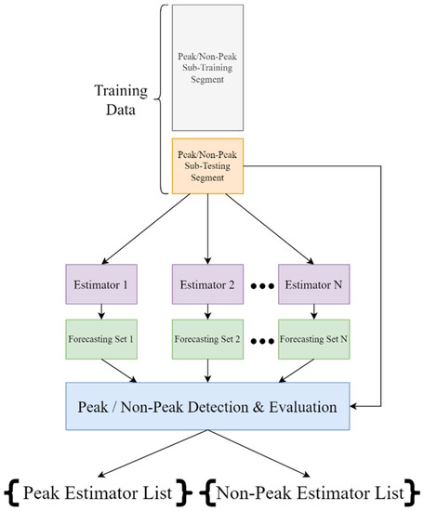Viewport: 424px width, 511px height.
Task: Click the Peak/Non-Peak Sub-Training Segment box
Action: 207,66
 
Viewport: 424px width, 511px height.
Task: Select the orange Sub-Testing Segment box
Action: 207,164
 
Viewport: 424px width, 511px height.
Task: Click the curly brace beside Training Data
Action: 165,98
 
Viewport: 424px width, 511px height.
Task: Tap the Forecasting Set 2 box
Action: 206,339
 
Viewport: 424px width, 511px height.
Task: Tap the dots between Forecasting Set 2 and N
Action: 261,341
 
